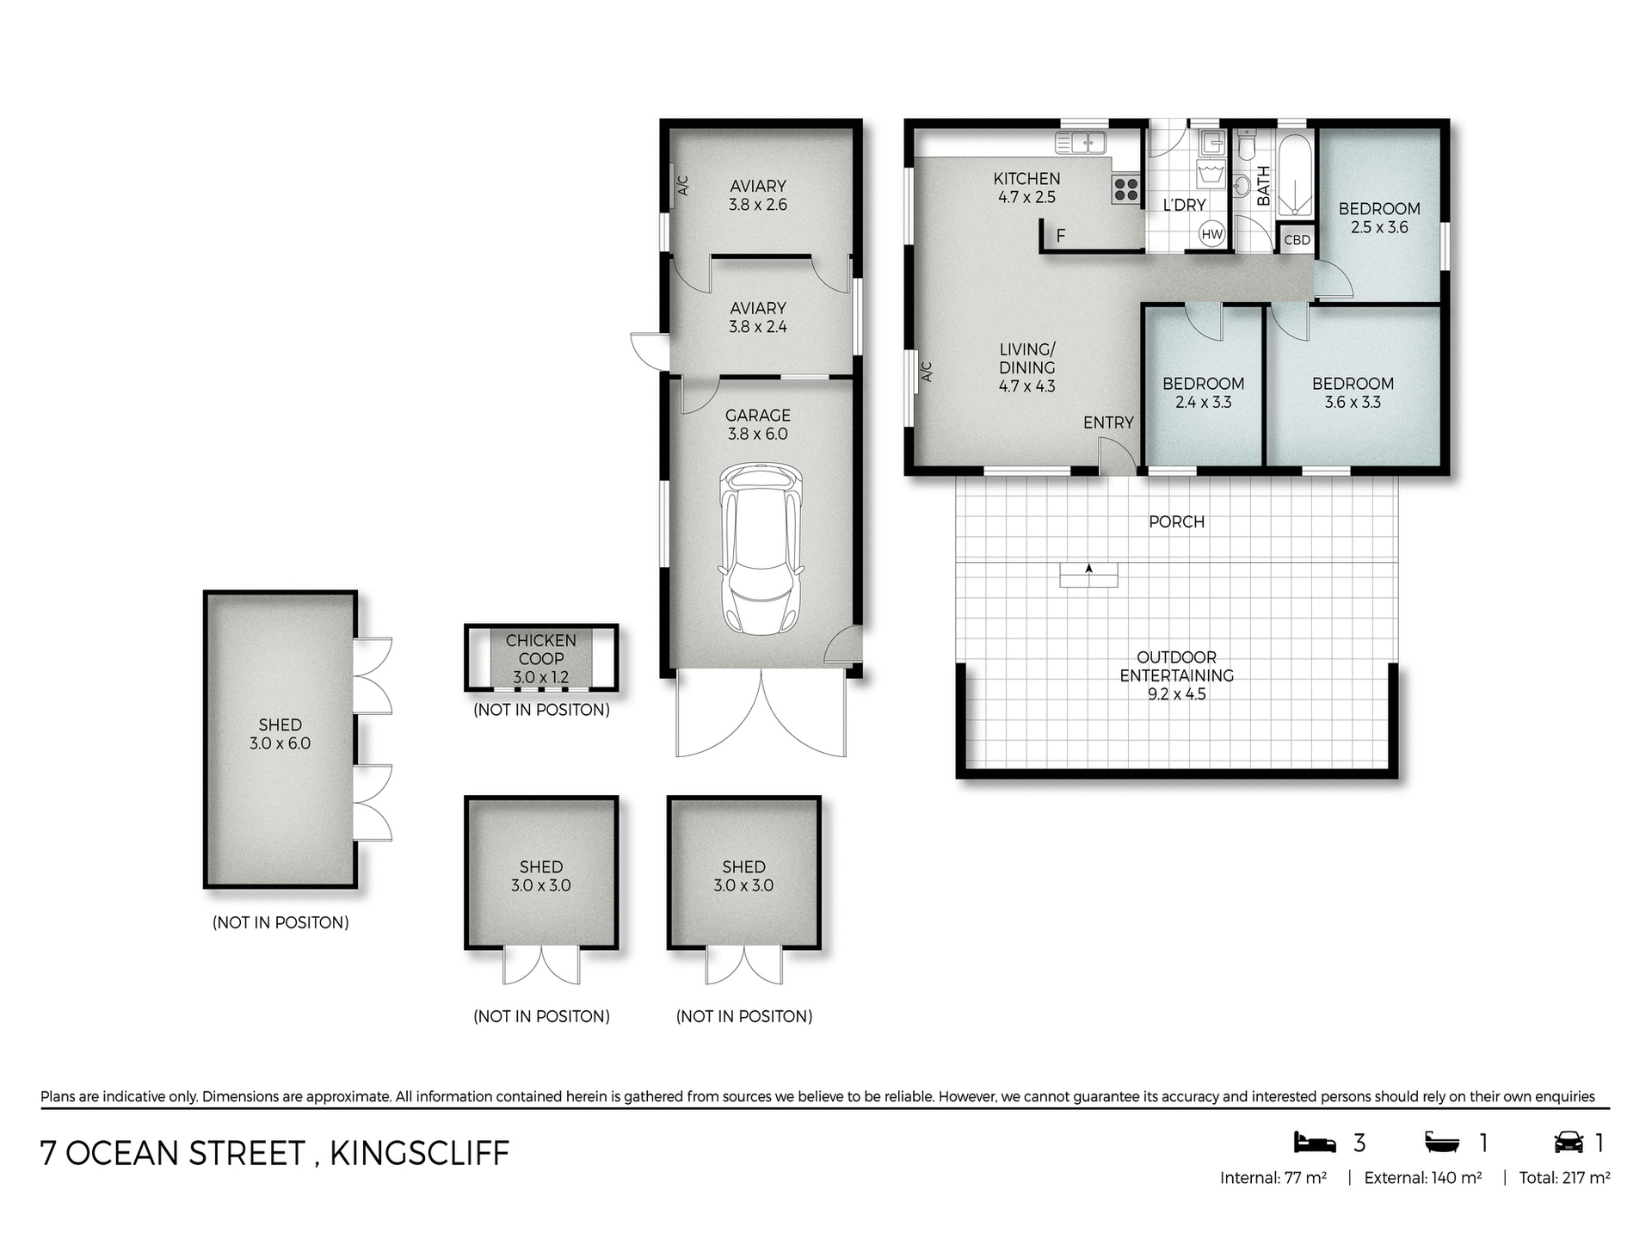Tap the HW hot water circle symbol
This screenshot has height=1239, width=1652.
(1211, 234)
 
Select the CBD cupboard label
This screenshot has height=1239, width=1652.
(1297, 240)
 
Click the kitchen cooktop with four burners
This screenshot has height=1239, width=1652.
(1125, 189)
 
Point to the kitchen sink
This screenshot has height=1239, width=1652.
(1081, 143)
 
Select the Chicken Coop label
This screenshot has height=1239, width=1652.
(541, 658)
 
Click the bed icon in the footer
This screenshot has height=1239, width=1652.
(1315, 1143)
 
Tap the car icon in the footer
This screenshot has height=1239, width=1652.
(1569, 1143)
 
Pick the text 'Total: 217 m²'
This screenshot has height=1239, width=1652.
(1564, 1178)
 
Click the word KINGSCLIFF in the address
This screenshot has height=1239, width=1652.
(419, 1153)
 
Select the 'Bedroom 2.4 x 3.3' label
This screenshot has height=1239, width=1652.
(1203, 392)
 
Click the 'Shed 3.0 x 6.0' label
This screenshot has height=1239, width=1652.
(280, 734)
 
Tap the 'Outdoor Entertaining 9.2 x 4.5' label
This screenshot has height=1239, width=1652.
(1176, 675)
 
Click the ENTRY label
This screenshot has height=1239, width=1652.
(1108, 422)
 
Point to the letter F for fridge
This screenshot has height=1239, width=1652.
(1061, 236)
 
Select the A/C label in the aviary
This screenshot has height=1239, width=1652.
(683, 185)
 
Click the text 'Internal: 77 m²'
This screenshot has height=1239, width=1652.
(1273, 1178)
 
